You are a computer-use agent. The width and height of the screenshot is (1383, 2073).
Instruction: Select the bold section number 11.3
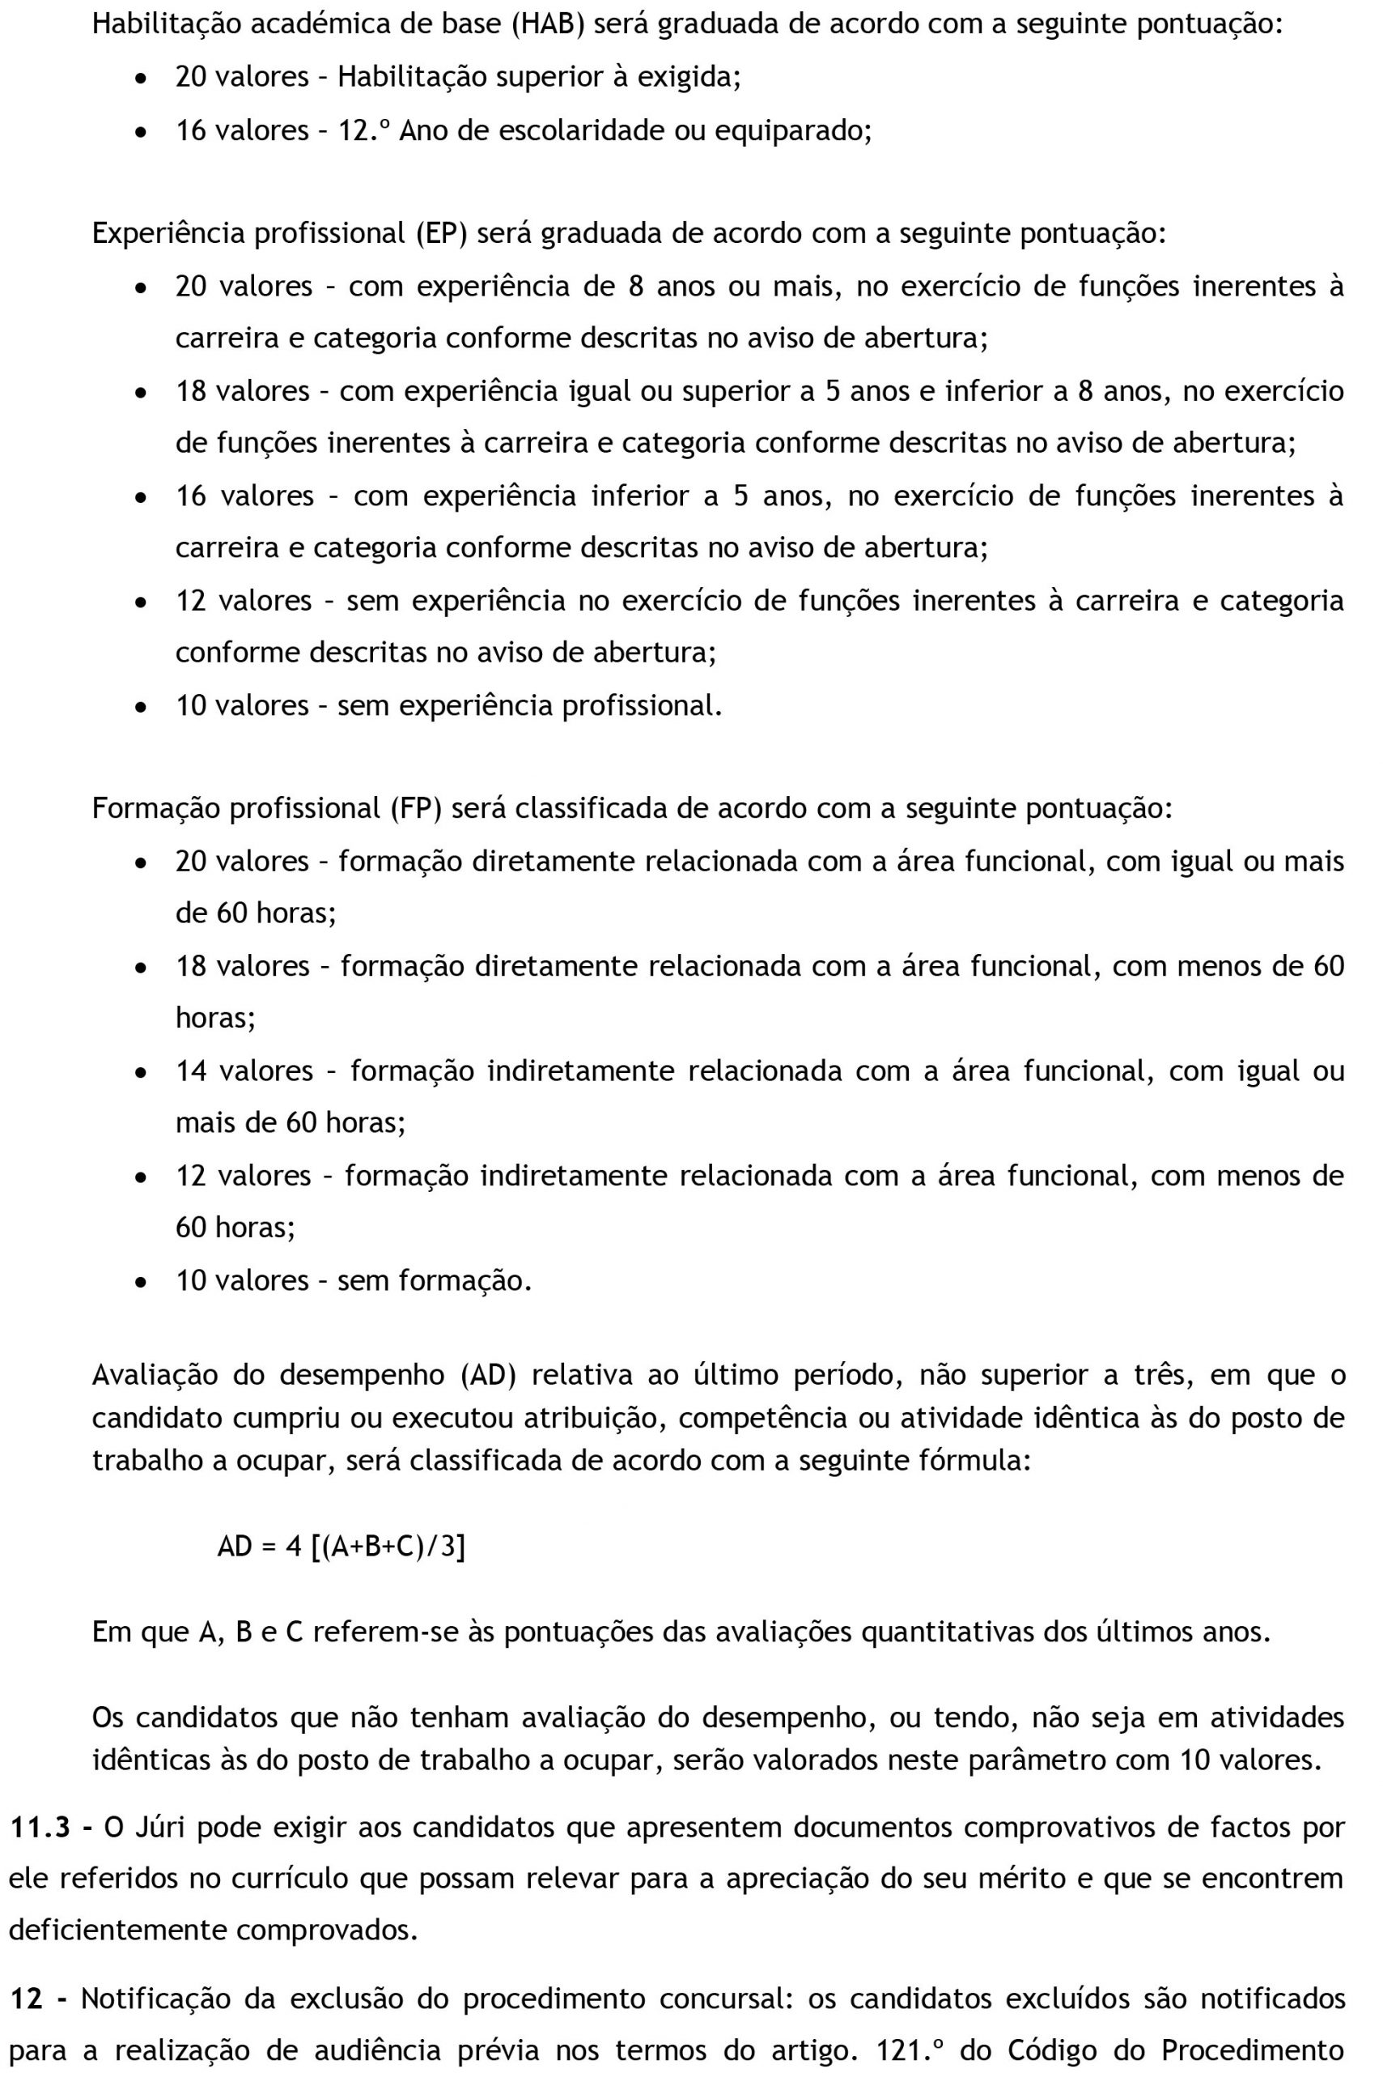click(41, 1827)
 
